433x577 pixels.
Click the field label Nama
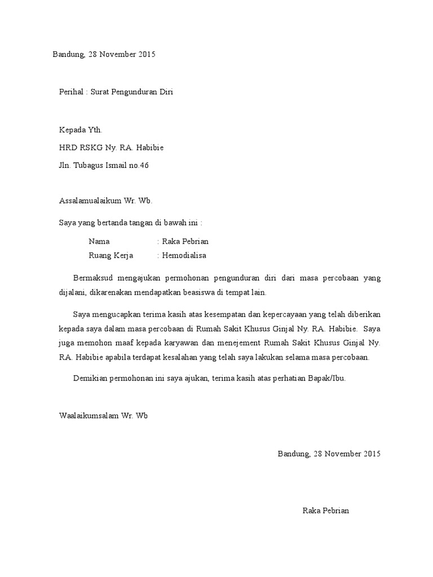pos(99,241)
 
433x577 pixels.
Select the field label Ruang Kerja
pos(111,255)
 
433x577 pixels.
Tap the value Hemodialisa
pos(184,255)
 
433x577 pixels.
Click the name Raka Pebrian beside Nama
pos(185,241)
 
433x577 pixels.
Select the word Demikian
pos(91,378)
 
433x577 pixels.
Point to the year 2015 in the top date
pos(145,55)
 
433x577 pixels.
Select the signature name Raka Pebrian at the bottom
pos(325,511)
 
